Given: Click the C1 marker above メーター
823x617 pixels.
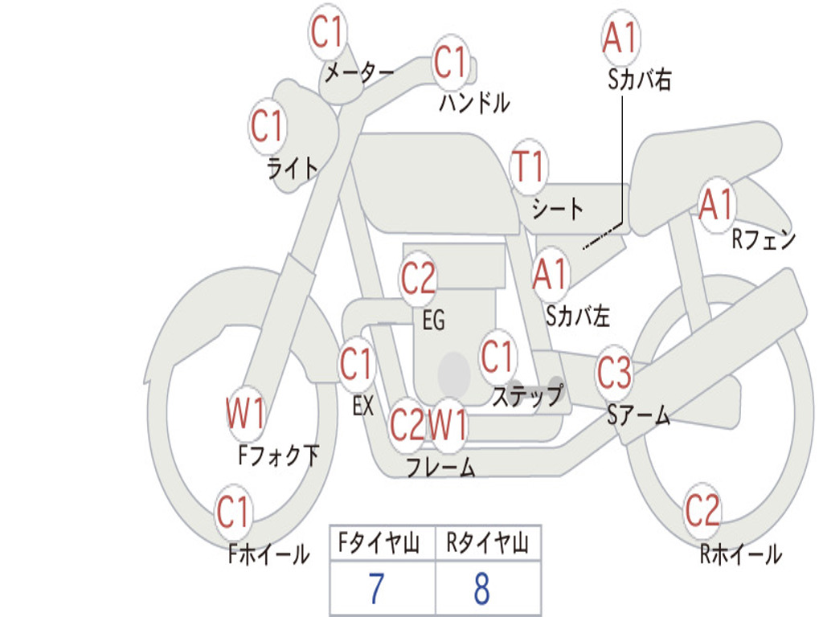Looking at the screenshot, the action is [x=326, y=32].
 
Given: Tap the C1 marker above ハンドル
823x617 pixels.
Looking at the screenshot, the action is [x=450, y=62].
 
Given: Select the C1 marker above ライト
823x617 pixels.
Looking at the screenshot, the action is [x=267, y=126].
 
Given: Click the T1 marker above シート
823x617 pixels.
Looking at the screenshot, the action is [x=529, y=166].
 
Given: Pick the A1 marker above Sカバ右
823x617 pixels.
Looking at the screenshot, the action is [x=621, y=38].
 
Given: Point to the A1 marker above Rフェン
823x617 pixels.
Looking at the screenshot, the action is [x=716, y=205].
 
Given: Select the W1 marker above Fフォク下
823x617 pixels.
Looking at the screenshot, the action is [x=246, y=414].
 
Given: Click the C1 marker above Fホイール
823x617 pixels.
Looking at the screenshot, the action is [x=232, y=512].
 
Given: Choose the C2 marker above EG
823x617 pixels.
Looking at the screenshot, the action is [x=418, y=278].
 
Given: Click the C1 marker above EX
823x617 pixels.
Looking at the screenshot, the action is [x=356, y=364].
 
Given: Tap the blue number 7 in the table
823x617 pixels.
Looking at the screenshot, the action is [x=376, y=589].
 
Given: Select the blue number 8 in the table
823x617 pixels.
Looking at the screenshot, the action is [x=482, y=589].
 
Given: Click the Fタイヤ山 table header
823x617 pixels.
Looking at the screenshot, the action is [x=379, y=543].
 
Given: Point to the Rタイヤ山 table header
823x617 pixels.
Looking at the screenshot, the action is [x=487, y=543].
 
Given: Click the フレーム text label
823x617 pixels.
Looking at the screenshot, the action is [x=441, y=467].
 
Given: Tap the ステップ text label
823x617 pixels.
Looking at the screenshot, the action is [x=527, y=395].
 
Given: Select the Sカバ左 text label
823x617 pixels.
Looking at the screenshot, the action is [x=578, y=316].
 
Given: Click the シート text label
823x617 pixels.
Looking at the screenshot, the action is [x=558, y=209].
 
